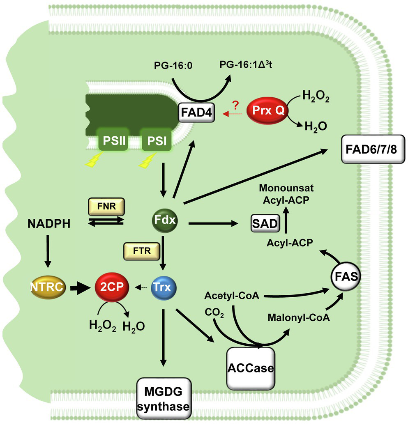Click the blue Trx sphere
tap(163, 286)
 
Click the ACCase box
tap(250, 367)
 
